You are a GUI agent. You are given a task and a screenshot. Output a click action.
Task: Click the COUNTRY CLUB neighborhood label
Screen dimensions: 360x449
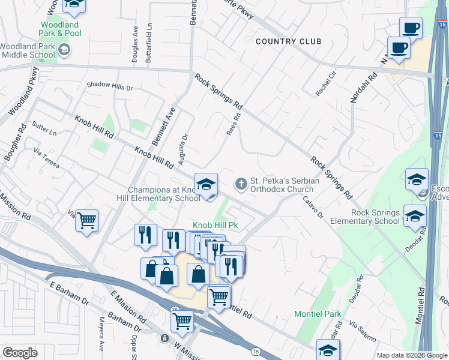[x=288, y=41]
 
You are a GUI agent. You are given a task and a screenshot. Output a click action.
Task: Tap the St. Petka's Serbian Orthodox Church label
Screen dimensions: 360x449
[x=282, y=185]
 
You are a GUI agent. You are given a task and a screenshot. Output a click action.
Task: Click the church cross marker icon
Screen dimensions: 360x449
[x=241, y=184]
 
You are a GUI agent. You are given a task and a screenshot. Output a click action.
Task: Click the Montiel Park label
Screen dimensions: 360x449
[x=318, y=314]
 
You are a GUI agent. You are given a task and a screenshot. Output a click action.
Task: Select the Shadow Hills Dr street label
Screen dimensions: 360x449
[x=109, y=87]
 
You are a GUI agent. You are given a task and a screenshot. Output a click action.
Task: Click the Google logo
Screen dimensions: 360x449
[x=19, y=353]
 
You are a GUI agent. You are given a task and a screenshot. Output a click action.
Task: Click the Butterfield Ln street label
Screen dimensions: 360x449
[x=149, y=44]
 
